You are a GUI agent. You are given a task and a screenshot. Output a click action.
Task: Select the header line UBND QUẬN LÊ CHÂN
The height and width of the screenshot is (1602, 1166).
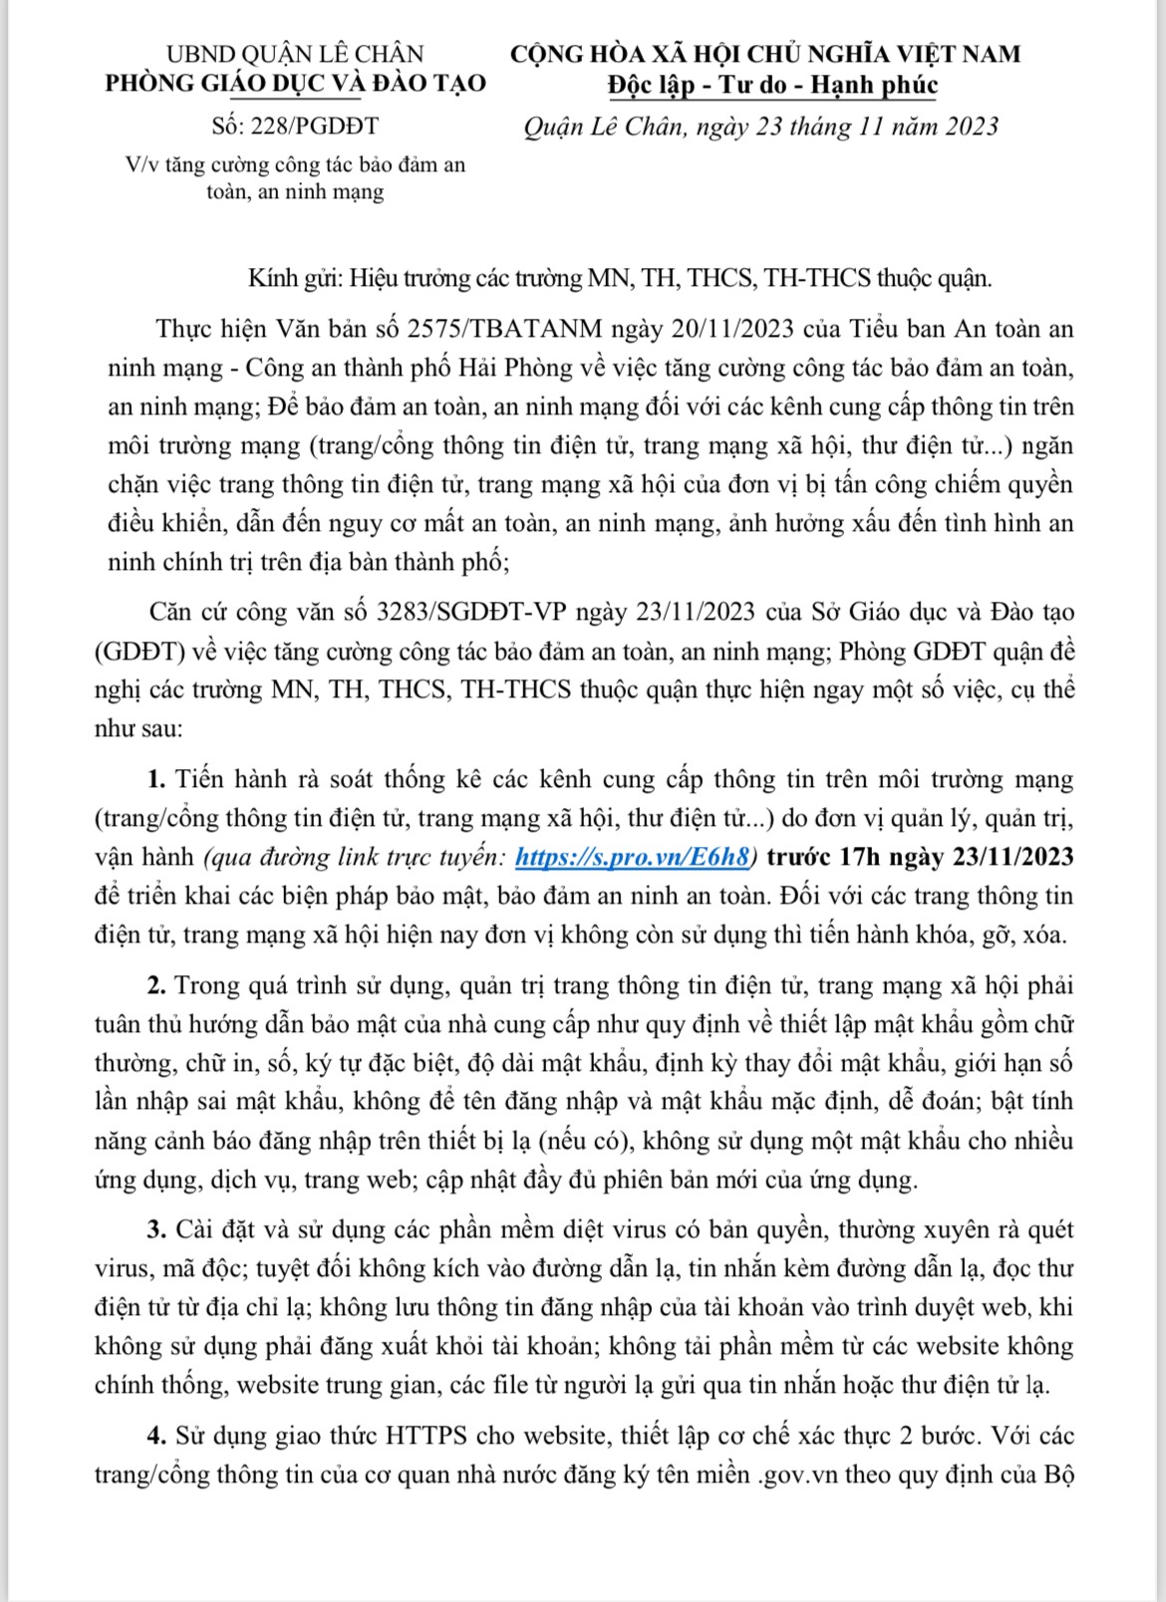coord(295,54)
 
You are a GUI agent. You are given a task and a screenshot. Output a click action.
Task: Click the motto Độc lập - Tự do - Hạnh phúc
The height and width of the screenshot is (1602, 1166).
coord(772,85)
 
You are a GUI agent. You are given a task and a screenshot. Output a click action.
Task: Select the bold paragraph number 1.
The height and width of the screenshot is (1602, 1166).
coord(154,778)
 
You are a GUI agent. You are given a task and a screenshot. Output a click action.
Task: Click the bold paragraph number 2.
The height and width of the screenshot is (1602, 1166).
coord(154,985)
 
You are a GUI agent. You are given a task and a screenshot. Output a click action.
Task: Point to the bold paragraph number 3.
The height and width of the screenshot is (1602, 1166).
coord(154,1229)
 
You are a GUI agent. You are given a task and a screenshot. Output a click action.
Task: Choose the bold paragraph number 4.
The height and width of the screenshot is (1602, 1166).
coord(154,1436)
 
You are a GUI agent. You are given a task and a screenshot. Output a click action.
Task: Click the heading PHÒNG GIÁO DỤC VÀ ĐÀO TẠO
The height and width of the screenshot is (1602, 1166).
coord(295,83)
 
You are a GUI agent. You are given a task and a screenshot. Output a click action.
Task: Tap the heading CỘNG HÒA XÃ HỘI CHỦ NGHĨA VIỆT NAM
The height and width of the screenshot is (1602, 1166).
coord(765,54)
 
